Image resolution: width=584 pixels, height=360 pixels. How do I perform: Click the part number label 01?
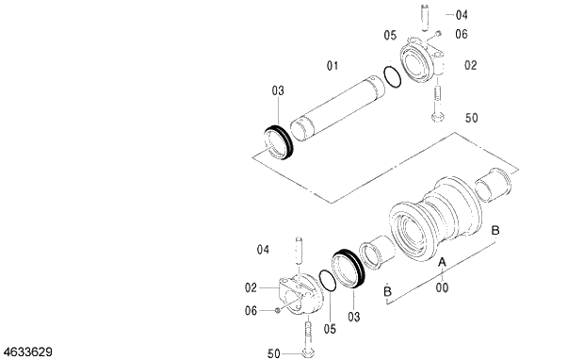point(332,65)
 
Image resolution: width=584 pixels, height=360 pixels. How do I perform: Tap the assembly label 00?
point(442,287)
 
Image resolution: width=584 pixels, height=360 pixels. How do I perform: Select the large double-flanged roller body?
point(437,222)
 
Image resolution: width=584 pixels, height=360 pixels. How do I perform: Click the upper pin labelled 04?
point(426,17)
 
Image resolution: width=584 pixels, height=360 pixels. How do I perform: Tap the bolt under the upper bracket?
point(437,104)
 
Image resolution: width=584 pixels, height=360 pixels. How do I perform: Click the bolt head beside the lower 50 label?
point(308,353)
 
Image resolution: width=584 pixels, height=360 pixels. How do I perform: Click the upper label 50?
point(472,118)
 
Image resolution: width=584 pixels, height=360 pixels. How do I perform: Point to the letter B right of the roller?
point(495,231)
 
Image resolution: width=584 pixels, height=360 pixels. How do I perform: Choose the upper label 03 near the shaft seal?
point(278,90)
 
